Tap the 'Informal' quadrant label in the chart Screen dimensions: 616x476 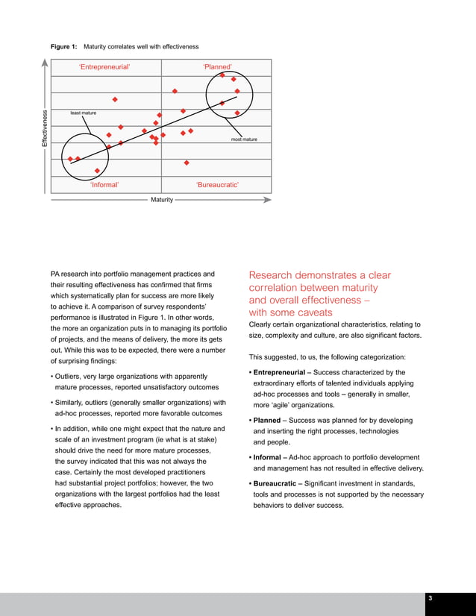104,184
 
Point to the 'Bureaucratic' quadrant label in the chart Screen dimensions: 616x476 217,184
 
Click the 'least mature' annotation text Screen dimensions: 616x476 83,113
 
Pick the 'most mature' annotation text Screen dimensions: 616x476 244,139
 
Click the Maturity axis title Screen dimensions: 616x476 162,200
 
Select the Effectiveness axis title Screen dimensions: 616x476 45,128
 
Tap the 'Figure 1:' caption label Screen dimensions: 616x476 63,47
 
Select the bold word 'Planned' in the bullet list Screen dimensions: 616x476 267,421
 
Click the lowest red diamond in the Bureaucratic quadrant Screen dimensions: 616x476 187,163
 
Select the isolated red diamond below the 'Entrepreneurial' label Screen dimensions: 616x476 115,99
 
